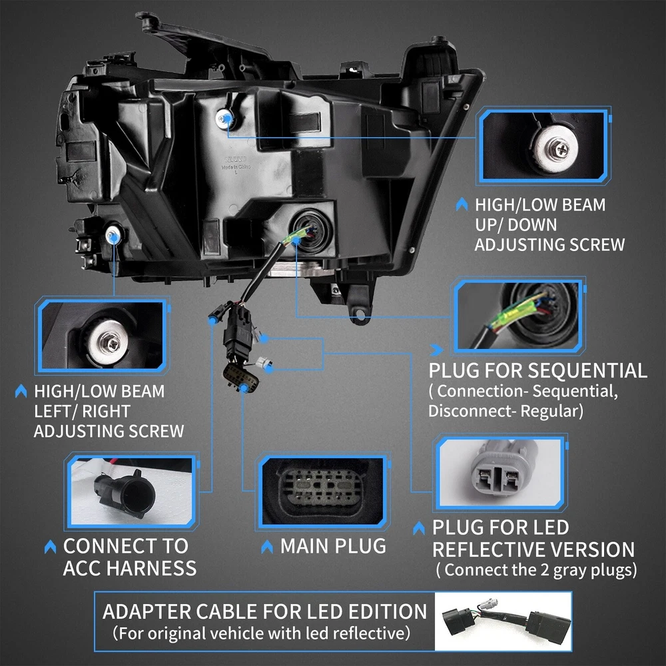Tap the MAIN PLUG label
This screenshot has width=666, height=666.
click(333, 546)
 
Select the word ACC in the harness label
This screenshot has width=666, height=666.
click(82, 568)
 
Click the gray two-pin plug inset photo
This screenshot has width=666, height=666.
click(501, 472)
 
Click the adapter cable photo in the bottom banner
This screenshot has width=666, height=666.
click(503, 621)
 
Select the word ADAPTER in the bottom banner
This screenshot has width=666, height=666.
click(147, 611)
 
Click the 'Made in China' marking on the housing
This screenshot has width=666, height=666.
click(236, 167)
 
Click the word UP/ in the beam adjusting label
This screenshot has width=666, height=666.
click(489, 224)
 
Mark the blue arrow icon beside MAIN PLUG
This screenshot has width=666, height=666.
click(267, 547)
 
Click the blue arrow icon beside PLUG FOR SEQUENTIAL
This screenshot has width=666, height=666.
click(436, 350)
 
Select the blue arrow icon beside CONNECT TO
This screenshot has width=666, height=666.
click(50, 547)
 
